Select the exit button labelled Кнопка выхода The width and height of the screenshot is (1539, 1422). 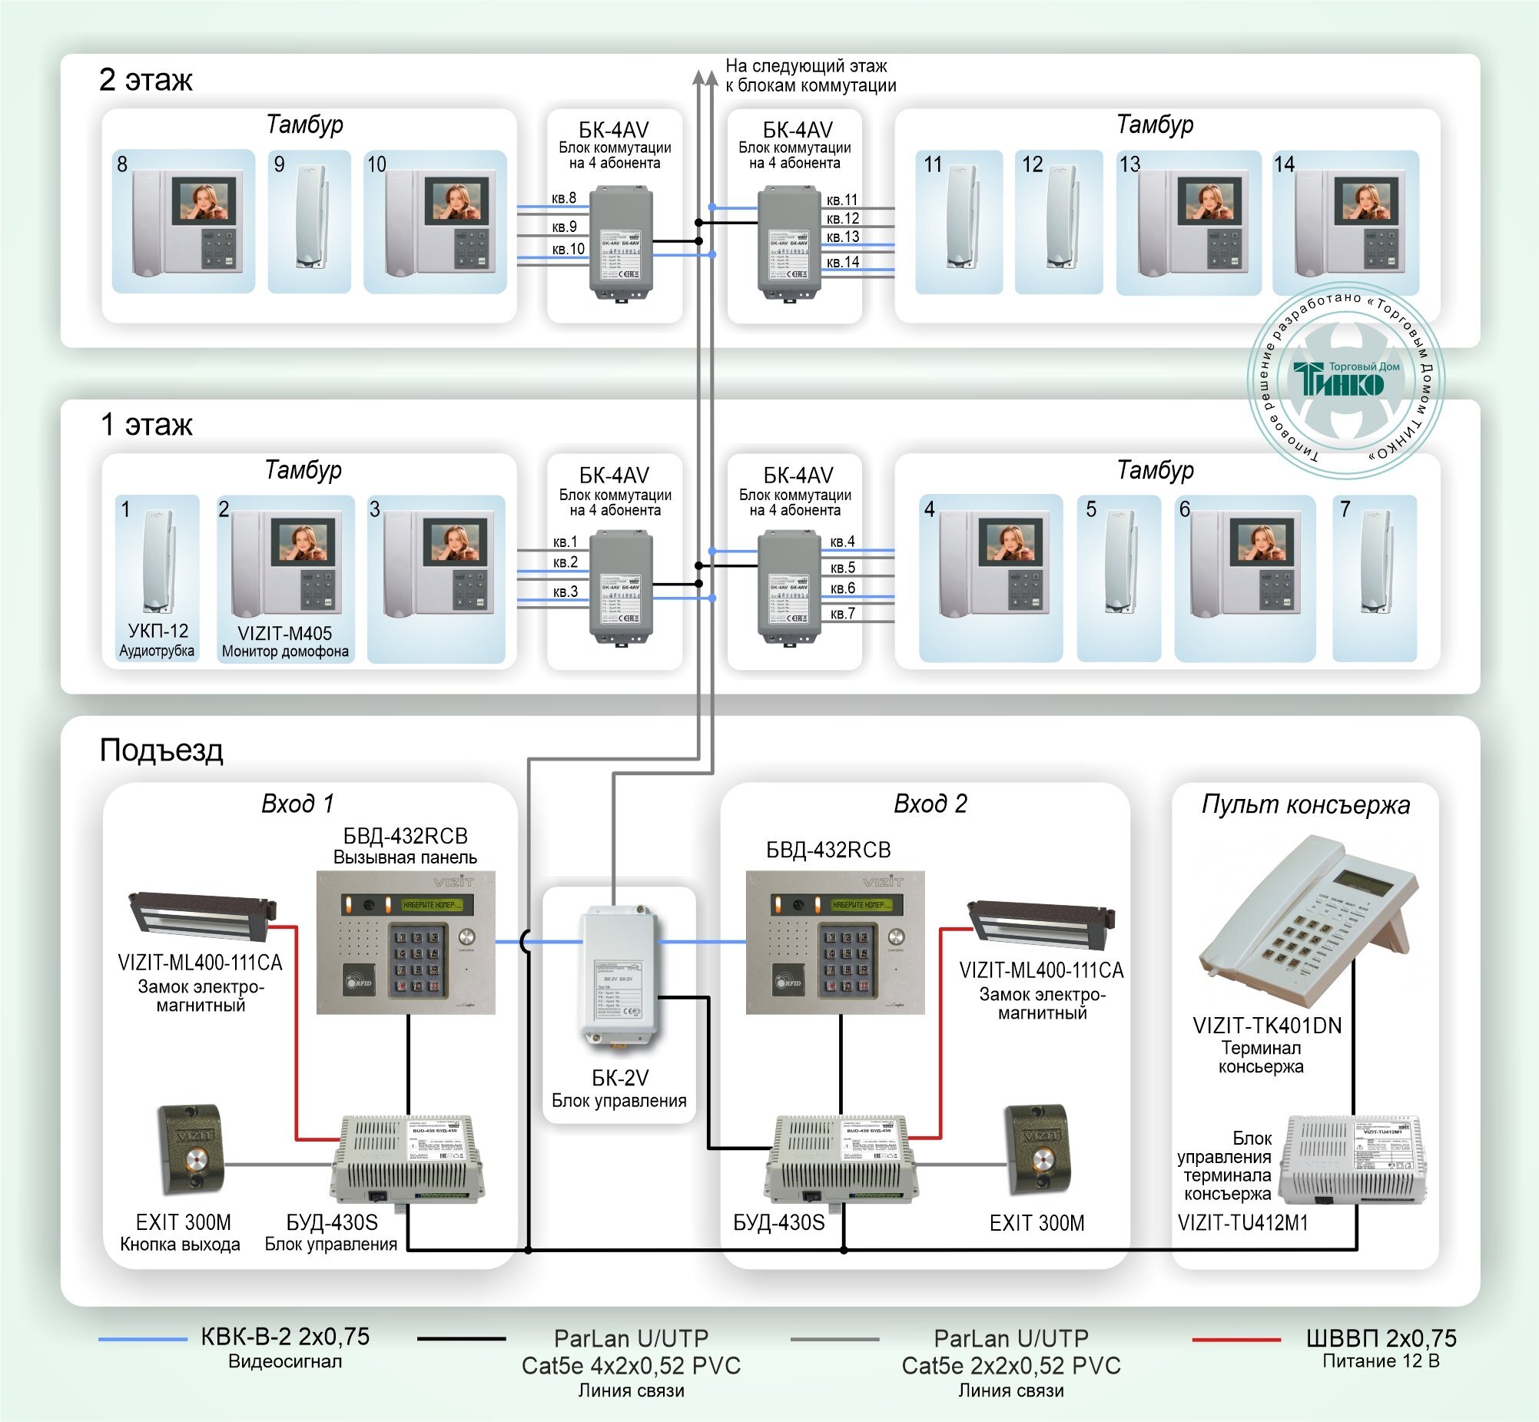click(191, 1149)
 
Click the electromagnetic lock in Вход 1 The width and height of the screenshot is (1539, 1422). click(201, 917)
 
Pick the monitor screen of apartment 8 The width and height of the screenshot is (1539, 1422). click(204, 201)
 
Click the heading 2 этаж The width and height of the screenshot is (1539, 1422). click(145, 80)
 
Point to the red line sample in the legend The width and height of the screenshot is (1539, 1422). click(1236, 1340)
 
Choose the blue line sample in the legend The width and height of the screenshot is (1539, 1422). click(142, 1339)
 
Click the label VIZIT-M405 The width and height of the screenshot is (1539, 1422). click(285, 633)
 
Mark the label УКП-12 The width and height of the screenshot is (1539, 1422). click(158, 631)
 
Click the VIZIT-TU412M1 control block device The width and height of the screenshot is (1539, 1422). click(1353, 1158)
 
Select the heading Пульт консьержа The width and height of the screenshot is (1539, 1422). click(1305, 805)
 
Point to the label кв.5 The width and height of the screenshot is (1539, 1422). click(843, 568)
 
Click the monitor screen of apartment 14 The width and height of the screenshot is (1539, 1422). click(1366, 201)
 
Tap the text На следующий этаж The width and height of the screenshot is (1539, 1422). click(806, 66)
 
